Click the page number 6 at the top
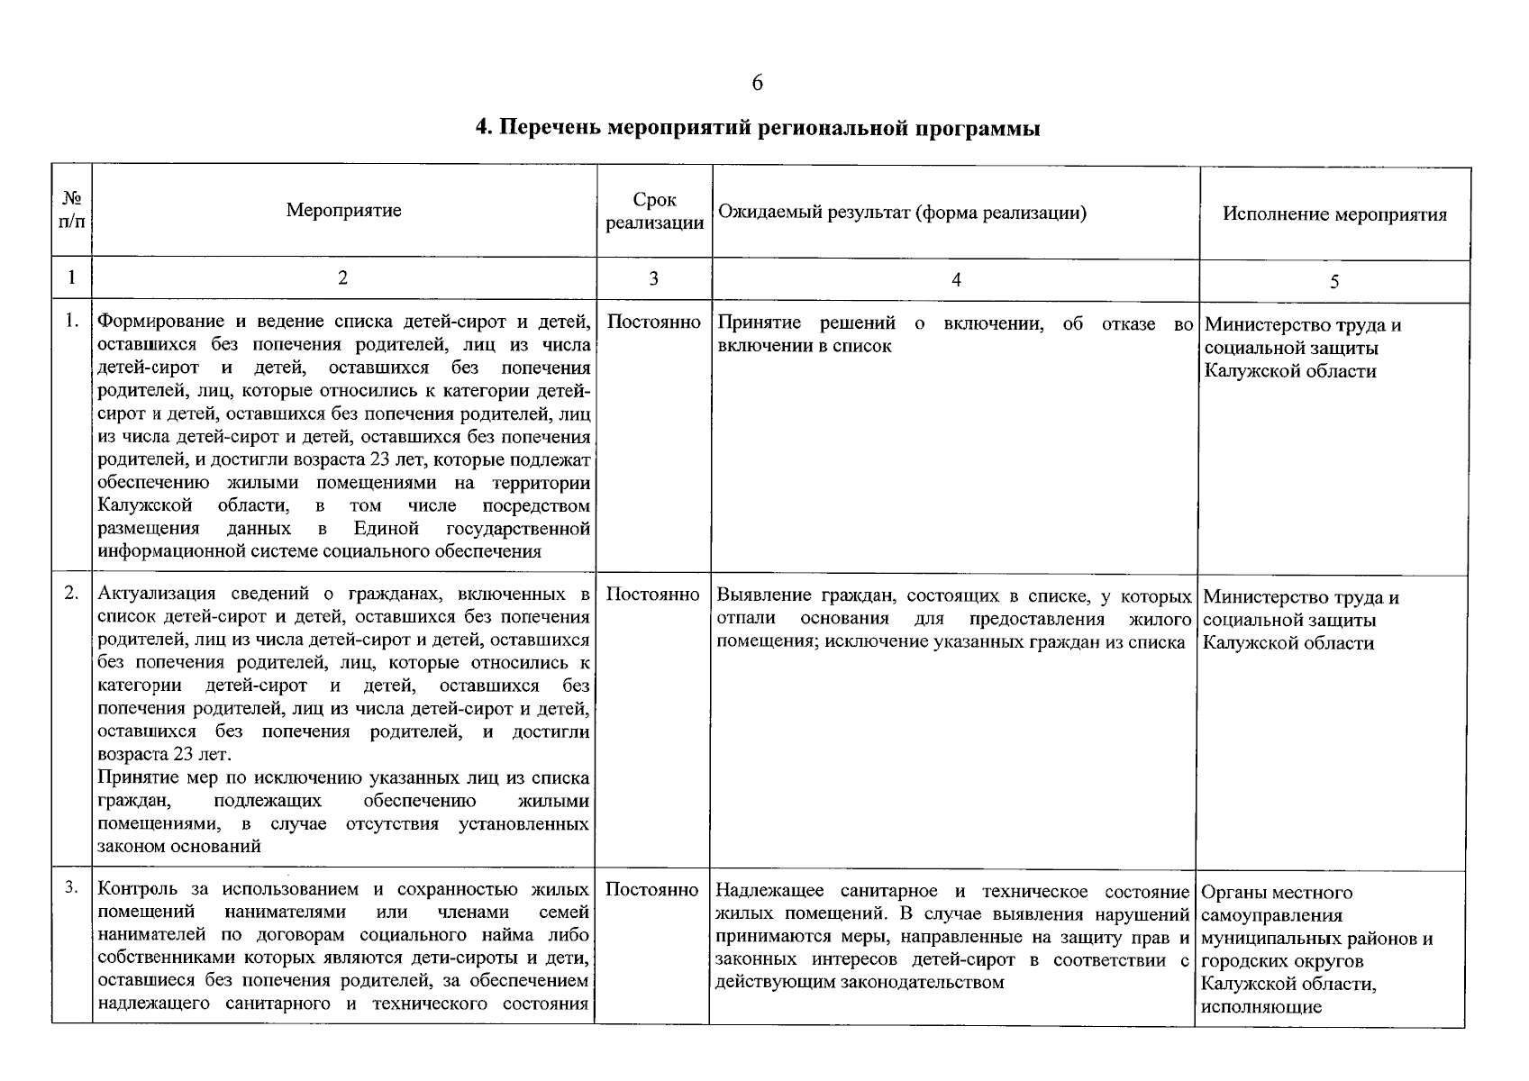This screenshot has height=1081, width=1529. [757, 83]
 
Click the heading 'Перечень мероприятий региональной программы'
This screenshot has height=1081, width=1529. [757, 128]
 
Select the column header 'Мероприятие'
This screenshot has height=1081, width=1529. [343, 211]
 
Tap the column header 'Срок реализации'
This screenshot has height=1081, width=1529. [654, 212]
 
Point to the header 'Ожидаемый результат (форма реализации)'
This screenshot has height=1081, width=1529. [902, 213]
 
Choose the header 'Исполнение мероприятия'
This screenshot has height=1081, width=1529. [1334, 214]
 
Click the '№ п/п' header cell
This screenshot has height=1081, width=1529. [72, 211]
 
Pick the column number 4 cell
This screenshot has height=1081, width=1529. [955, 280]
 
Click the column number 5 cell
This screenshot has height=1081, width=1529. [1334, 282]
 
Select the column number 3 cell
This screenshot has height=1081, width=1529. [653, 279]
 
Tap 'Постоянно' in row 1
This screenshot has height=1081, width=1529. [654, 322]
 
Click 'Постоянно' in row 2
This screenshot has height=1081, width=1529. [653, 595]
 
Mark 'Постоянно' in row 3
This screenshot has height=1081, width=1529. [652, 890]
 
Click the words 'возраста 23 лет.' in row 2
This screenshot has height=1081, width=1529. [164, 754]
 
